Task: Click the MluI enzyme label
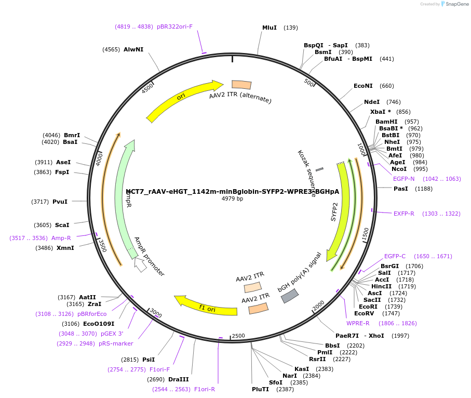[x=270, y=28]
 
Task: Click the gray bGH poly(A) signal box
[x=289, y=296]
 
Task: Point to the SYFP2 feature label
[x=334, y=212]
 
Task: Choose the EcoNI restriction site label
[x=363, y=86]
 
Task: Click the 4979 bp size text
[x=232, y=199]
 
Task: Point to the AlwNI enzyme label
[x=133, y=49]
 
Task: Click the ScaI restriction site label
[x=62, y=225]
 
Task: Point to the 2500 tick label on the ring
[x=238, y=336]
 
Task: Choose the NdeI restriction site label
[x=372, y=102]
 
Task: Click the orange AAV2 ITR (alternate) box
[x=241, y=85]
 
